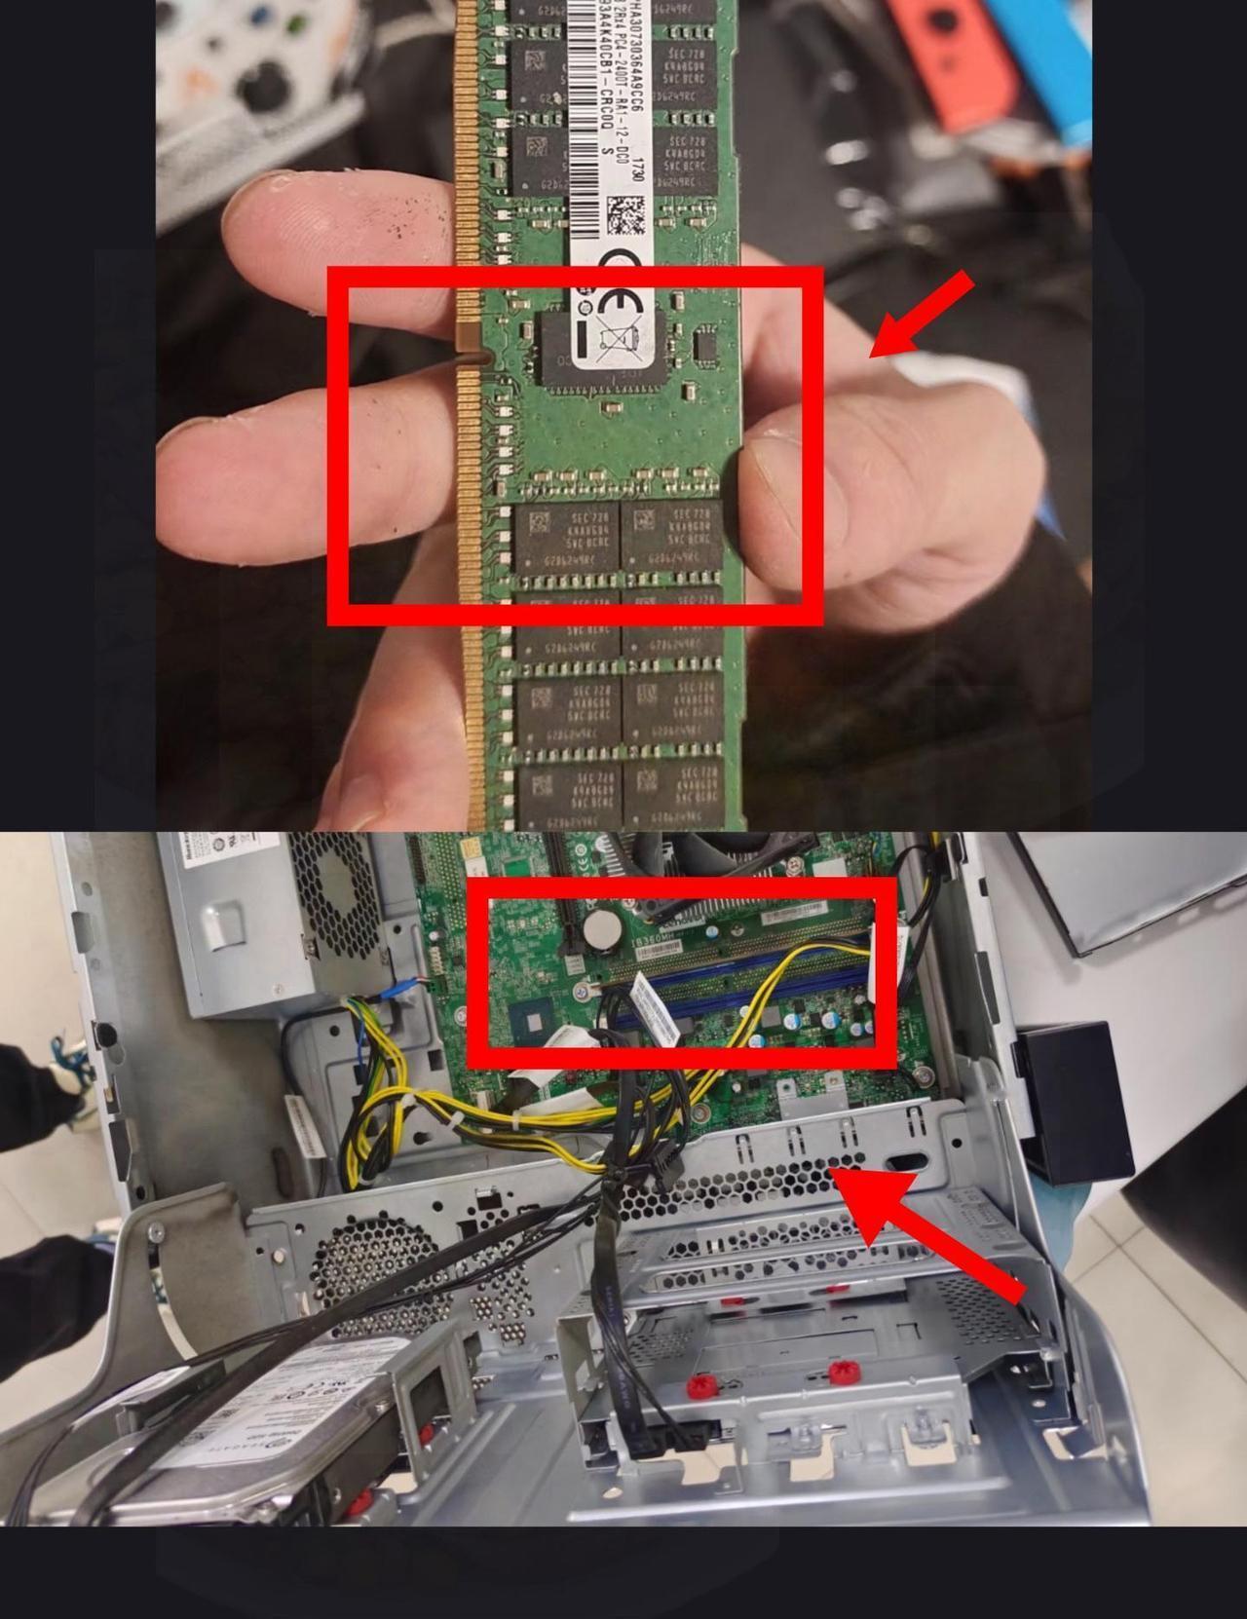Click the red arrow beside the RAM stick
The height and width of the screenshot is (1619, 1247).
(x=920, y=314)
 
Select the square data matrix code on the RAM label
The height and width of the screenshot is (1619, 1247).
(x=625, y=215)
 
